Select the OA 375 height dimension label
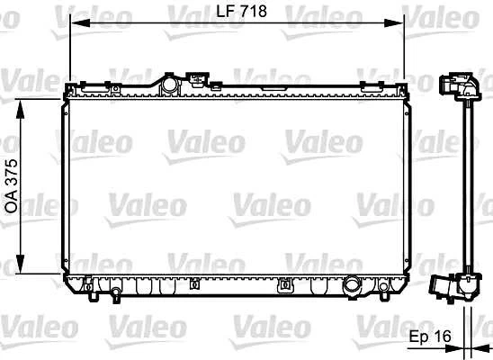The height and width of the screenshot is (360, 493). [12, 184]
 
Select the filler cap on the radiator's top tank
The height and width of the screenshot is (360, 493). [167, 84]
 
